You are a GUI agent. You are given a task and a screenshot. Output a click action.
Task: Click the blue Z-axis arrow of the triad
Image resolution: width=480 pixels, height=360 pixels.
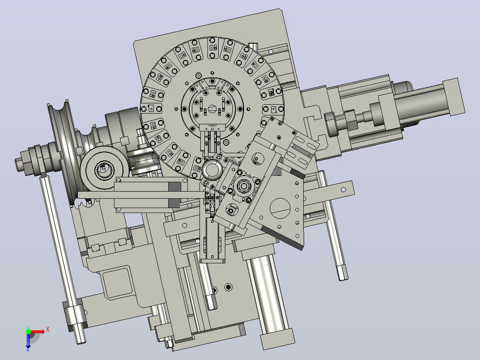28,340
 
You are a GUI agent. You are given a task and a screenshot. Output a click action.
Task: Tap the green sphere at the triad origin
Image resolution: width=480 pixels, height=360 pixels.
28,331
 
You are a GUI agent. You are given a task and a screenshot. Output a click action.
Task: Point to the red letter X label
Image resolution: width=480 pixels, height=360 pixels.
48,330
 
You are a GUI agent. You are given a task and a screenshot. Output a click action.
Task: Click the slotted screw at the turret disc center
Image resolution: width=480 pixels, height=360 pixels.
212,109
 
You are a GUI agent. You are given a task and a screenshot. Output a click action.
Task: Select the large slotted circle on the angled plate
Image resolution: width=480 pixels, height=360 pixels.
280,209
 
